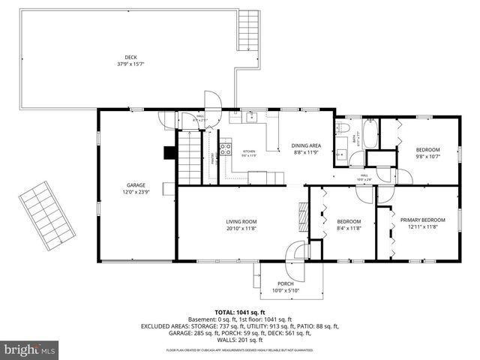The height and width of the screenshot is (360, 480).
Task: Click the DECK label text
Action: tap(130, 58)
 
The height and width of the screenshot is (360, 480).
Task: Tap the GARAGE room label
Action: tap(136, 185)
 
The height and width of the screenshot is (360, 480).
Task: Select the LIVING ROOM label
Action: tap(241, 221)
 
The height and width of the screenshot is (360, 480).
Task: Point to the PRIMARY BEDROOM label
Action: tap(422, 220)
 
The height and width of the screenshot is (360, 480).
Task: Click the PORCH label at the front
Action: tap(286, 283)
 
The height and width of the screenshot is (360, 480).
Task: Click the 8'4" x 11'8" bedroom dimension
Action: tap(349, 228)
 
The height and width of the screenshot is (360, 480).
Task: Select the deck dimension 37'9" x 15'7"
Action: tap(130, 64)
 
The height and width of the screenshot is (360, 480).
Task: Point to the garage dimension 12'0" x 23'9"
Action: tap(136, 191)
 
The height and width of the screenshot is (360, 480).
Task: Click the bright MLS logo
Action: tap(29, 349)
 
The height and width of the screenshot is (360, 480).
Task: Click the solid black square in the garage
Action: tap(169, 152)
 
